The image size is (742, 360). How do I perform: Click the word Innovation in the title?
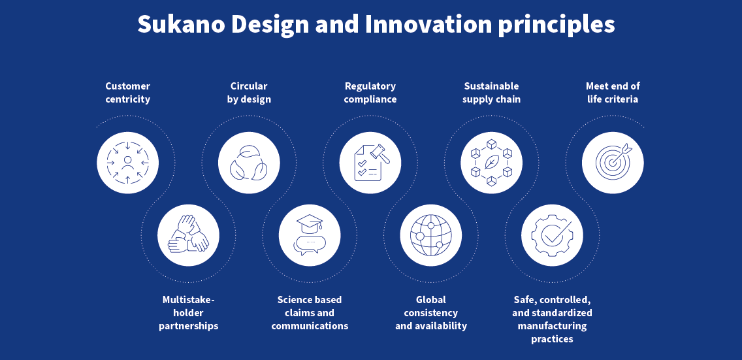pyautogui.click(x=428, y=24)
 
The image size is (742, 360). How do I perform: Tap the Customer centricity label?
pyautogui.click(x=128, y=93)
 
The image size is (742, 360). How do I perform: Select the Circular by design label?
pyautogui.click(x=249, y=93)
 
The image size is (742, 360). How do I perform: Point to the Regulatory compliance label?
pyautogui.click(x=370, y=93)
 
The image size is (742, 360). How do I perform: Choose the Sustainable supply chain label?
pyautogui.click(x=491, y=93)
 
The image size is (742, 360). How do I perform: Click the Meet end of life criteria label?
pyautogui.click(x=613, y=93)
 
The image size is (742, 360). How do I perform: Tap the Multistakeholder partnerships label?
pyautogui.click(x=188, y=313)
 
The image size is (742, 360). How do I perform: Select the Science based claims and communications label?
pyautogui.click(x=310, y=313)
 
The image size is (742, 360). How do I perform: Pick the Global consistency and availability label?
pyautogui.click(x=430, y=313)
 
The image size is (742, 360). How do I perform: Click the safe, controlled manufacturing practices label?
pyautogui.click(x=552, y=319)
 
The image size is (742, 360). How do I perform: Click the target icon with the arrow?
pyautogui.click(x=613, y=163)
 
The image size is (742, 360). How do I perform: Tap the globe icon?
pyautogui.click(x=430, y=235)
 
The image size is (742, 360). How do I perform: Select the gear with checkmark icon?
pyautogui.click(x=552, y=235)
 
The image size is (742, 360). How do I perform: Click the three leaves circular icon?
pyautogui.click(x=249, y=163)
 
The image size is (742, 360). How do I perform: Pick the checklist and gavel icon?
pyautogui.click(x=370, y=163)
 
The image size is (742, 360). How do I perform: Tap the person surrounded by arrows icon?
pyautogui.click(x=128, y=163)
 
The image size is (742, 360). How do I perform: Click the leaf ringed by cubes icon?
pyautogui.click(x=491, y=163)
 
